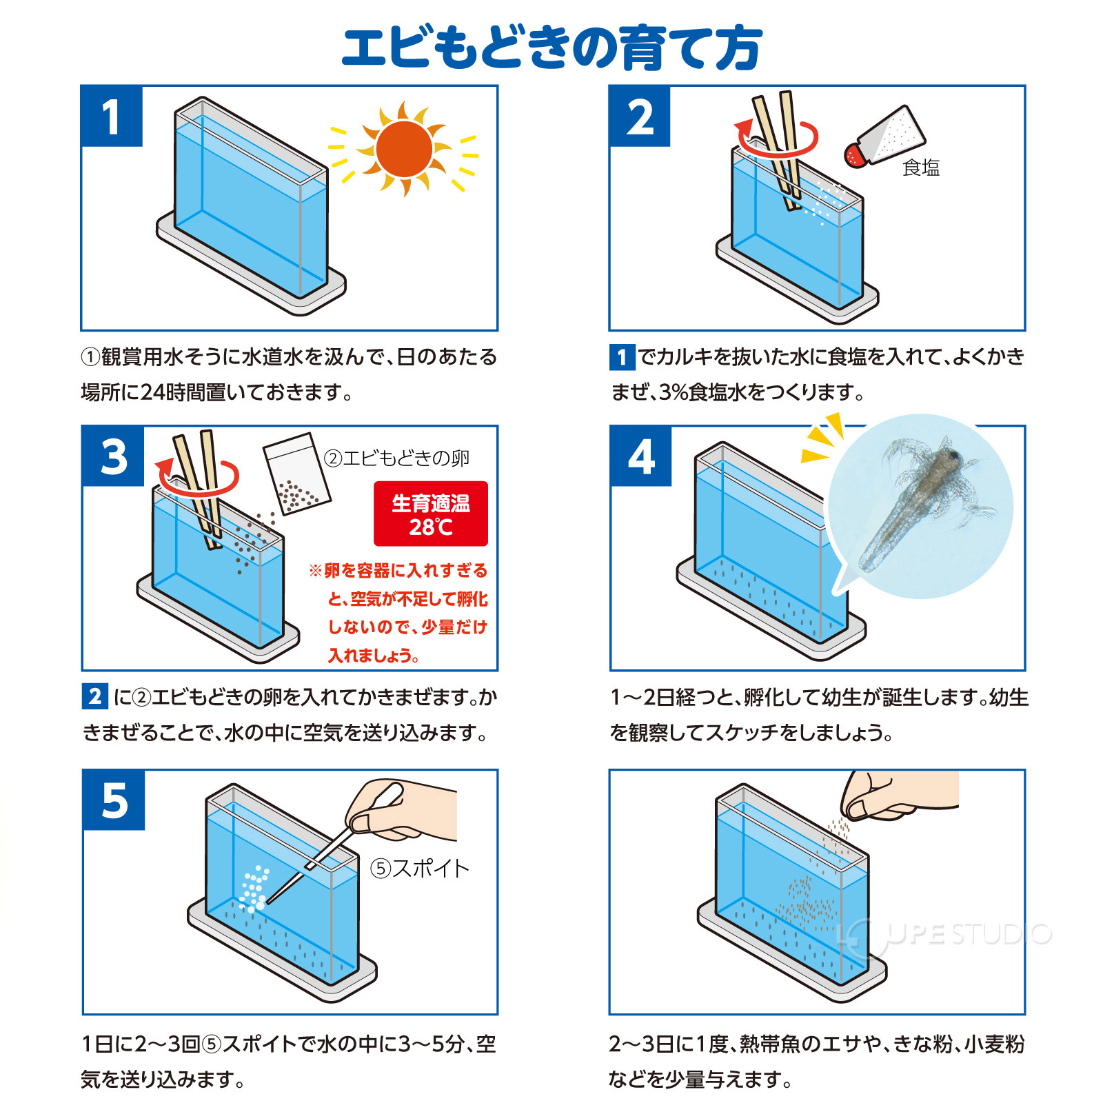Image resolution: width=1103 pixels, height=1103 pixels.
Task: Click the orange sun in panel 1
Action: (x=404, y=149)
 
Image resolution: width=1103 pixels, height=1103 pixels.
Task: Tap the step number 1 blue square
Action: (x=112, y=117)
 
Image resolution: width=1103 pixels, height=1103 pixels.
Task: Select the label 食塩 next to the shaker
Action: (x=920, y=168)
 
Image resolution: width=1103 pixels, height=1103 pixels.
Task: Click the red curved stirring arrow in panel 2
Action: (x=777, y=141)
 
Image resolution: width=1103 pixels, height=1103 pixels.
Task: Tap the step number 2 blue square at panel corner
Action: (x=640, y=117)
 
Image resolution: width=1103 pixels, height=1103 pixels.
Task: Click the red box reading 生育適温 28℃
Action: (x=431, y=514)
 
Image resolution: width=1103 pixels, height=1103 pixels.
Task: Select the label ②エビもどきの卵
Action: (x=397, y=458)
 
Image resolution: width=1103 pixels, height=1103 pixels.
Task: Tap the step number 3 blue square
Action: (x=114, y=457)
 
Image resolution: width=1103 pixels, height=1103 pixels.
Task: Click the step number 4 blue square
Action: (x=641, y=457)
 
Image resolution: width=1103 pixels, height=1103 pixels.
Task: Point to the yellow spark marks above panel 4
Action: (x=824, y=437)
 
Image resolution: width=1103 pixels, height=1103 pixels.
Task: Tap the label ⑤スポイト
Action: (x=420, y=868)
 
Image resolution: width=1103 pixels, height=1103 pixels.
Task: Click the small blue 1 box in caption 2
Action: (x=622, y=357)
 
